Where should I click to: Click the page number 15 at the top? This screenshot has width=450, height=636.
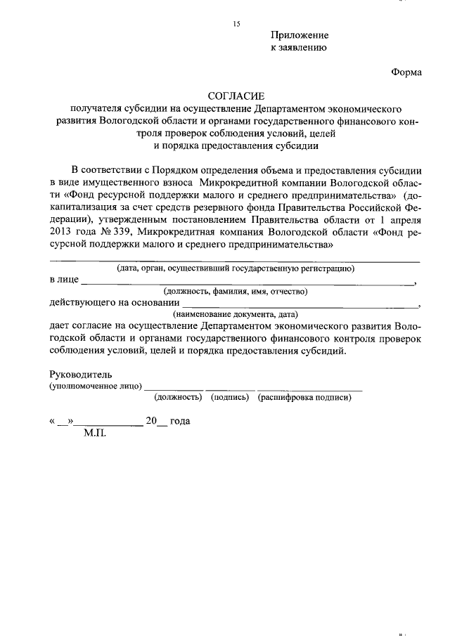pyautogui.click(x=236, y=25)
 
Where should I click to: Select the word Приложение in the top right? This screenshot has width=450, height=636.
pyautogui.click(x=300, y=35)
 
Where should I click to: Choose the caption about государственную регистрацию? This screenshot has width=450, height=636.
pyautogui.click(x=235, y=268)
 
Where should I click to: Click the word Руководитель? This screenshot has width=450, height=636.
pyautogui.click(x=81, y=375)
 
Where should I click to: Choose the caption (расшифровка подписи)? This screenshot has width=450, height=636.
pyautogui.click(x=304, y=398)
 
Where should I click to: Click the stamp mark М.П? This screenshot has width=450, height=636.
pyautogui.click(x=94, y=434)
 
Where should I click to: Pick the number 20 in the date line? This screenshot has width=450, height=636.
pyautogui.click(x=151, y=422)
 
